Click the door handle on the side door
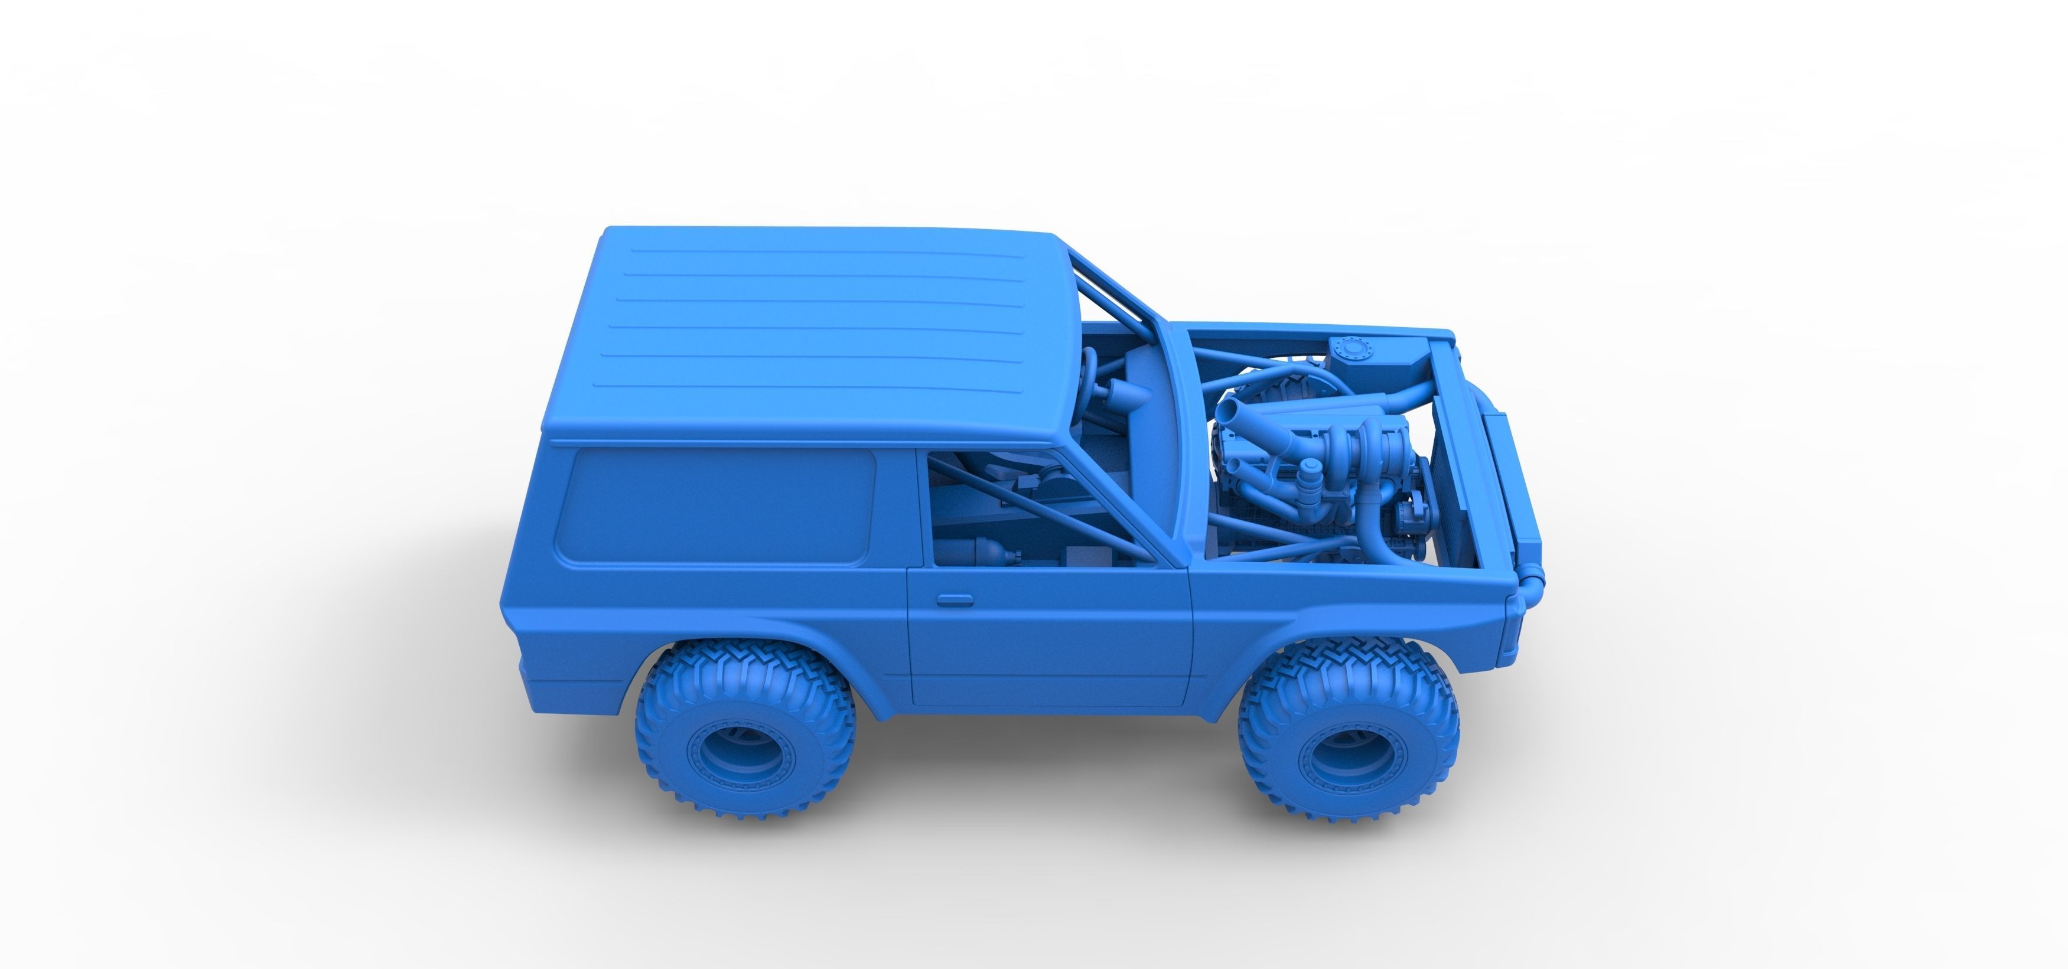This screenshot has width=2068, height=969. point(955,600)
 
